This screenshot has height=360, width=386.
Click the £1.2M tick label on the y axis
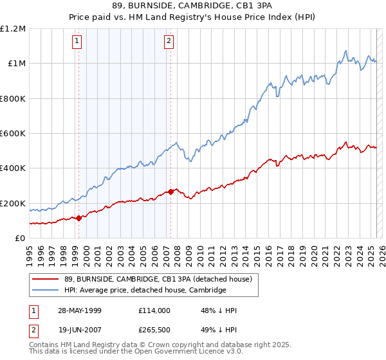[x=13, y=29]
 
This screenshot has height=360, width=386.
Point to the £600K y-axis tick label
[x=13, y=134]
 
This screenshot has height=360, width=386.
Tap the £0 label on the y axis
[x=21, y=239]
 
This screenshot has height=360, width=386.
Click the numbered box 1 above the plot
[x=77, y=42]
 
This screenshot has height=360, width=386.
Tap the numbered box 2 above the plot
[x=169, y=42]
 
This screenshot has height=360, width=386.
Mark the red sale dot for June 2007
[x=170, y=192]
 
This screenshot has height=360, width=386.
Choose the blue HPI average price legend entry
[x=145, y=291]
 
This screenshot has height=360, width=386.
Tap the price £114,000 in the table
[x=154, y=310]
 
